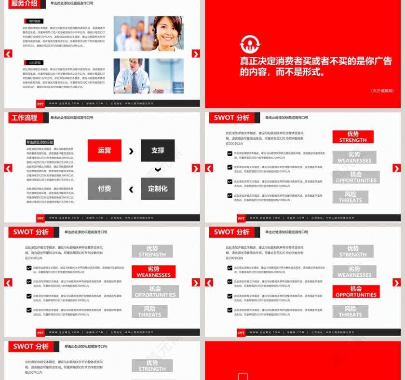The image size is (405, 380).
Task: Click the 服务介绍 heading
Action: [24, 3]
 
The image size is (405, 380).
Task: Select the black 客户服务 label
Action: [33, 21]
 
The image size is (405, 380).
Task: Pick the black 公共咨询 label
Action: [33, 63]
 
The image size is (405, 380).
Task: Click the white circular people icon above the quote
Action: [250, 45]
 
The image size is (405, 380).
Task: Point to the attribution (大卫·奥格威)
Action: [382, 91]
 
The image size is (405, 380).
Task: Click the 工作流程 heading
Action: [24, 118]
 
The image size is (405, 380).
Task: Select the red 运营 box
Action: [105, 150]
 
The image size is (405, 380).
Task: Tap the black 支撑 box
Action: [158, 150]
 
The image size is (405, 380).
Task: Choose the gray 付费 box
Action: [105, 189]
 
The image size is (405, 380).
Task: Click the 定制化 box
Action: [158, 189]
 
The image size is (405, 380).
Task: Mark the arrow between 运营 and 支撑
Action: [131, 151]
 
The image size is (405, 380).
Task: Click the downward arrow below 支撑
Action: [158, 170]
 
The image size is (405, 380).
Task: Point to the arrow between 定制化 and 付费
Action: [131, 189]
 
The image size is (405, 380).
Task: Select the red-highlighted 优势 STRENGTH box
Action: [353, 137]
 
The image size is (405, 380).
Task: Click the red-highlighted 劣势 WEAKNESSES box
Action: [153, 272]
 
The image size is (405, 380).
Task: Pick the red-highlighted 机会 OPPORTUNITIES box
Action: [356, 292]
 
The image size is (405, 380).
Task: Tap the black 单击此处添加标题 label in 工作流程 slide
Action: [40, 143]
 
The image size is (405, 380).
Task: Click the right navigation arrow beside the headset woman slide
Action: [196, 54]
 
